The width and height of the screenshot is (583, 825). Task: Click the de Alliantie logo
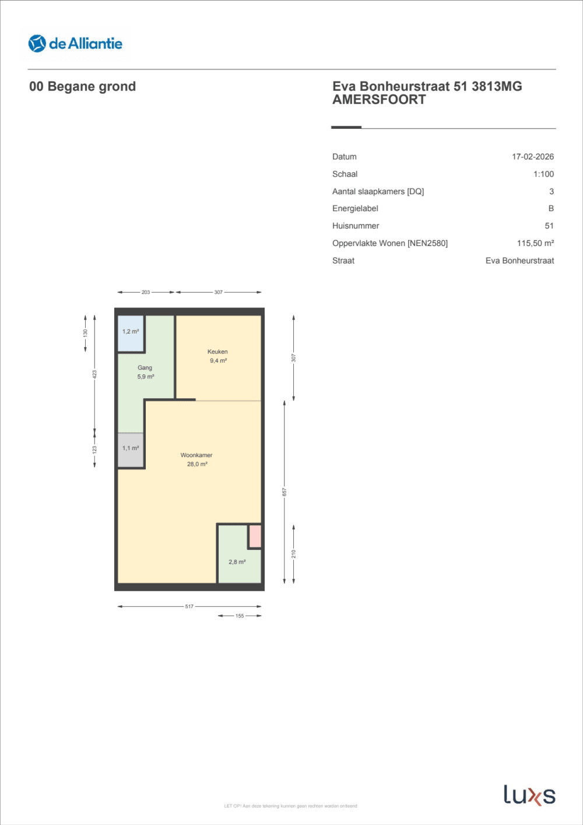point(75,44)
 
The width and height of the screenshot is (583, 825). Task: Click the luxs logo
point(529,795)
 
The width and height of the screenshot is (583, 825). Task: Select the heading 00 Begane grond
point(82,87)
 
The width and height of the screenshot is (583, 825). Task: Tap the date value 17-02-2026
point(532,157)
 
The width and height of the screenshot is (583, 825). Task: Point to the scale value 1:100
point(543,174)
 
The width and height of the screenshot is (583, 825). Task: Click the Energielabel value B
point(550,209)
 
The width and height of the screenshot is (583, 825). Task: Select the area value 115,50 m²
point(535,243)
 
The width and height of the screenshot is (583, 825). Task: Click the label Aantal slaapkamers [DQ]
point(378,191)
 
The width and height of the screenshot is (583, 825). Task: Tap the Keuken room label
point(217,352)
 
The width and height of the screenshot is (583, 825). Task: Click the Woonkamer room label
point(196,455)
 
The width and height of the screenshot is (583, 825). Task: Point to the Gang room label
point(145,368)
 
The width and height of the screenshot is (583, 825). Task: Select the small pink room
point(255,536)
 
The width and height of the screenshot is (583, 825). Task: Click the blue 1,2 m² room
point(131,332)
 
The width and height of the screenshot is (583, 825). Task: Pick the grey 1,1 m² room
point(131,449)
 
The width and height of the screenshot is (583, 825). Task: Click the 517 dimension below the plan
point(189,606)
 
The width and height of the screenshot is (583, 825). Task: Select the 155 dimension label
point(240,616)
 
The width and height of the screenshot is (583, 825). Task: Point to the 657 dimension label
point(285,492)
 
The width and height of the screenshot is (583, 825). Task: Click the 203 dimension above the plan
point(146,292)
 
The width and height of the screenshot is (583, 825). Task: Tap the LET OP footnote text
point(290,806)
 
